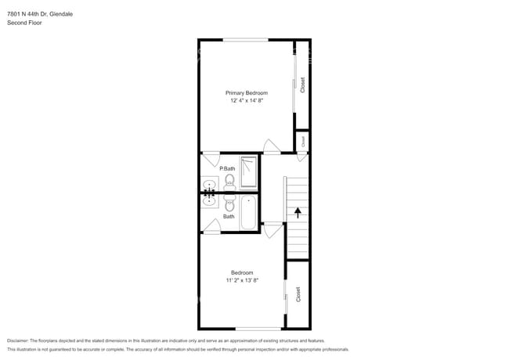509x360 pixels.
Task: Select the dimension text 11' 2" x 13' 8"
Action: click(x=241, y=279)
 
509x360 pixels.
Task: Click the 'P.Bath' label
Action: click(x=227, y=169)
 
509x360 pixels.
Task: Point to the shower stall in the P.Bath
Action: click(x=248, y=172)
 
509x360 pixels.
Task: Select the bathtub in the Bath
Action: click(x=248, y=211)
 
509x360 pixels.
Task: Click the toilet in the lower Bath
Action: click(x=229, y=204)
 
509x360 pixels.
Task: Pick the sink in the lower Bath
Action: click(x=209, y=200)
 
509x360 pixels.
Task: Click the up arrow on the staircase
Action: click(x=298, y=210)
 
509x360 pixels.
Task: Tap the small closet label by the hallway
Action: click(x=302, y=141)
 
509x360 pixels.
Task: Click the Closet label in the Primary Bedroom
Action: click(x=303, y=85)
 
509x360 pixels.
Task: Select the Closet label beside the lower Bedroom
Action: click(x=298, y=294)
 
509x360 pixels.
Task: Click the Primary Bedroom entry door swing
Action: click(x=271, y=146)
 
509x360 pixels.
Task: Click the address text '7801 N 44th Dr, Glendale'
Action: click(x=40, y=13)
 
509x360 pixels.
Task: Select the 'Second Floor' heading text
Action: click(x=24, y=23)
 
